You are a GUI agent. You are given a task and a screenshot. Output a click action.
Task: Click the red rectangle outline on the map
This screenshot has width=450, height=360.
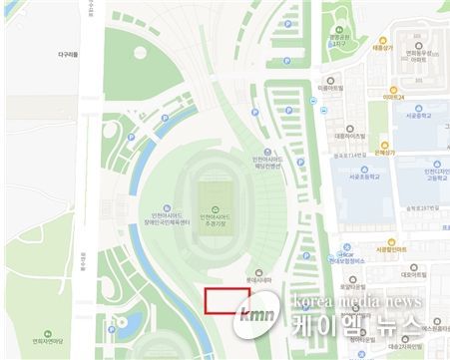[x=222, y=301]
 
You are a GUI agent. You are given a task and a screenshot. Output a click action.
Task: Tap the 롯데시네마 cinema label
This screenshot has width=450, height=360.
[x=259, y=281]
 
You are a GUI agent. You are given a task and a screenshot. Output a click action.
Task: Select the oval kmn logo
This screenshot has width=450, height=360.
[x=248, y=318]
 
